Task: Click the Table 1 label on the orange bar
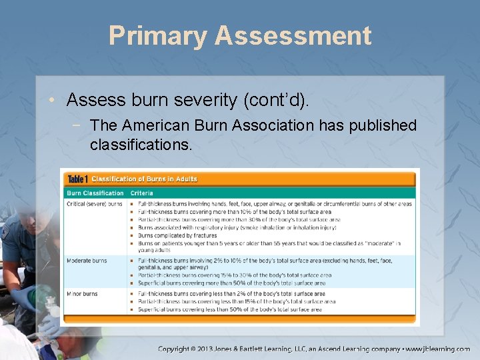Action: click(x=77, y=179)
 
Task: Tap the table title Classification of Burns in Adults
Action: click(x=144, y=179)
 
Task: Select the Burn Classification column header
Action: click(x=94, y=193)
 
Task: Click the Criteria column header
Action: click(x=142, y=193)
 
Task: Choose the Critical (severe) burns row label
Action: click(x=95, y=203)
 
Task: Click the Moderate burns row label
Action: click(x=87, y=261)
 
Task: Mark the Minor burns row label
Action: click(x=82, y=293)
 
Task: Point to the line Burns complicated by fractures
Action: click(x=177, y=235)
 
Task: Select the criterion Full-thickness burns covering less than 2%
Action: click(x=231, y=293)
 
